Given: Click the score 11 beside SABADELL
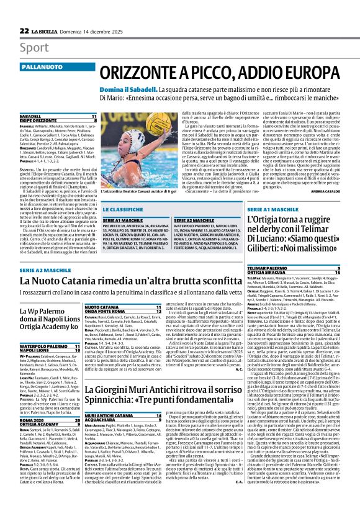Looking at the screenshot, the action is coord(94,117).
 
